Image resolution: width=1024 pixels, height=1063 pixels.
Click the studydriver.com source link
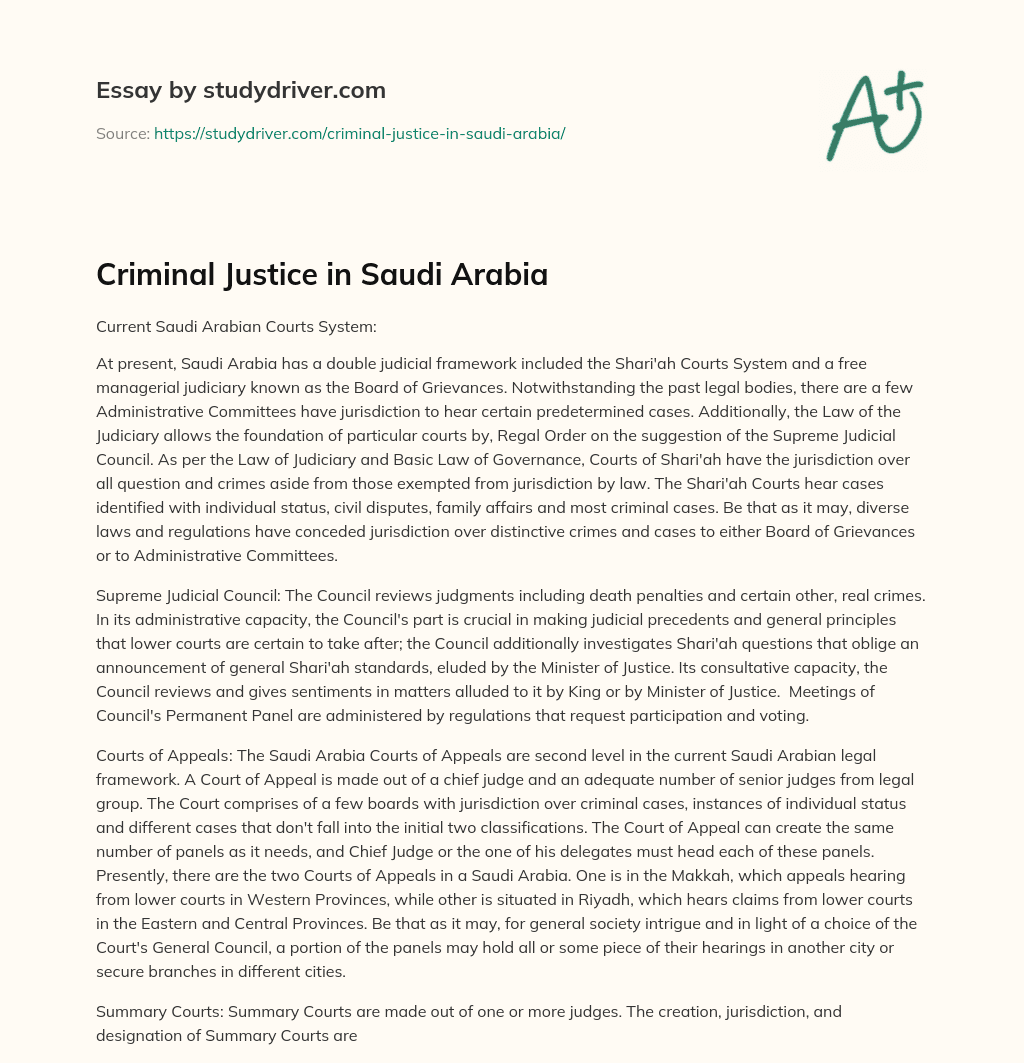pyautogui.click(x=360, y=133)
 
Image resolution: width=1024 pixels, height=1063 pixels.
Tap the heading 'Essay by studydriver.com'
pyautogui.click(x=241, y=90)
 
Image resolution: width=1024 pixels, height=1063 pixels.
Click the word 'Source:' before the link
pyautogui.click(x=122, y=133)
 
